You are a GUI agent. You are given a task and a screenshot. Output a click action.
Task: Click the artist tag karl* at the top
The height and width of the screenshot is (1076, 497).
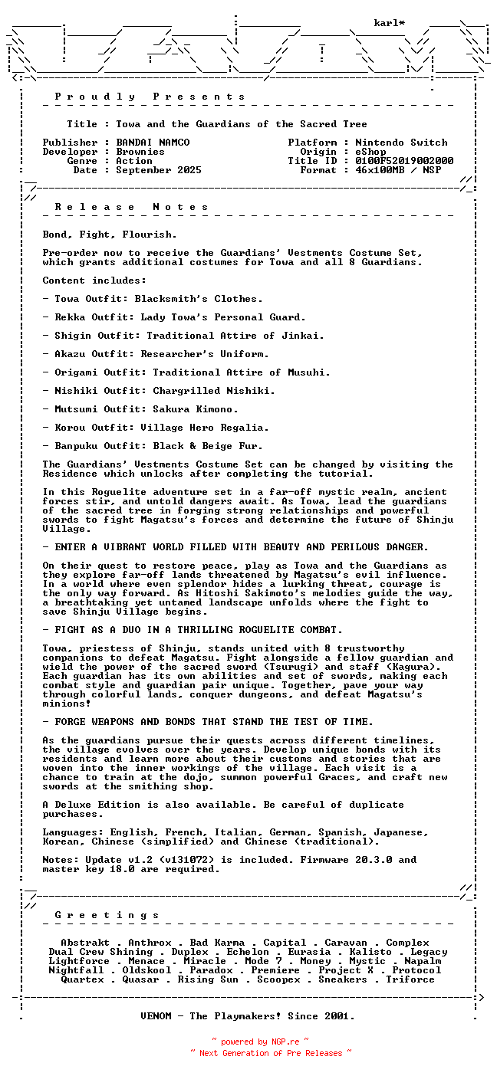(x=390, y=23)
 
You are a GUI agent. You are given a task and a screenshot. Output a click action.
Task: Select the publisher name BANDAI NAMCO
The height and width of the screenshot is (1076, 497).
(x=153, y=143)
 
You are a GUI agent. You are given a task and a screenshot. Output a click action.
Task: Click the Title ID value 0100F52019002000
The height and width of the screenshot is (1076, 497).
(x=404, y=161)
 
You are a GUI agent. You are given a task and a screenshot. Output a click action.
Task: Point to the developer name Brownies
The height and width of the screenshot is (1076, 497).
(x=140, y=152)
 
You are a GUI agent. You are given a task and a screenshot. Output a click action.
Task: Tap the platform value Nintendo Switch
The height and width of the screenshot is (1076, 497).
(x=401, y=143)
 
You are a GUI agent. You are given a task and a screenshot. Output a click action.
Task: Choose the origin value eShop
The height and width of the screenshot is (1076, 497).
(x=370, y=152)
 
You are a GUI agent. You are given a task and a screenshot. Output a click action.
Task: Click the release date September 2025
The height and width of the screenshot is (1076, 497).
(x=159, y=170)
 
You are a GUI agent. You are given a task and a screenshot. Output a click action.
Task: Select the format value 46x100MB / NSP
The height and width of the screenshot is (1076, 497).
(x=398, y=170)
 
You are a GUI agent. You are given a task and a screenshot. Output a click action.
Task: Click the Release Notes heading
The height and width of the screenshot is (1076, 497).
(x=132, y=207)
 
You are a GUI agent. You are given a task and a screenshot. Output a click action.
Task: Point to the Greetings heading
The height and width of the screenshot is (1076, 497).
(x=107, y=915)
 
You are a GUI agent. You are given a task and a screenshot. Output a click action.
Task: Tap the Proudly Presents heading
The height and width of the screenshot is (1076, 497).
(x=150, y=97)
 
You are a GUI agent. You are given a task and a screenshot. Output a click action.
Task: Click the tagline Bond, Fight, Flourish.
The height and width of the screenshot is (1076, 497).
(x=110, y=235)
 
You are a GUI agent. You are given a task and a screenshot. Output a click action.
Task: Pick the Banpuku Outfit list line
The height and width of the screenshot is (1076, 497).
(x=159, y=446)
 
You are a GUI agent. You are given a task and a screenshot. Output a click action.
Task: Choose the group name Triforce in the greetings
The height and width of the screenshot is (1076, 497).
(x=410, y=979)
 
